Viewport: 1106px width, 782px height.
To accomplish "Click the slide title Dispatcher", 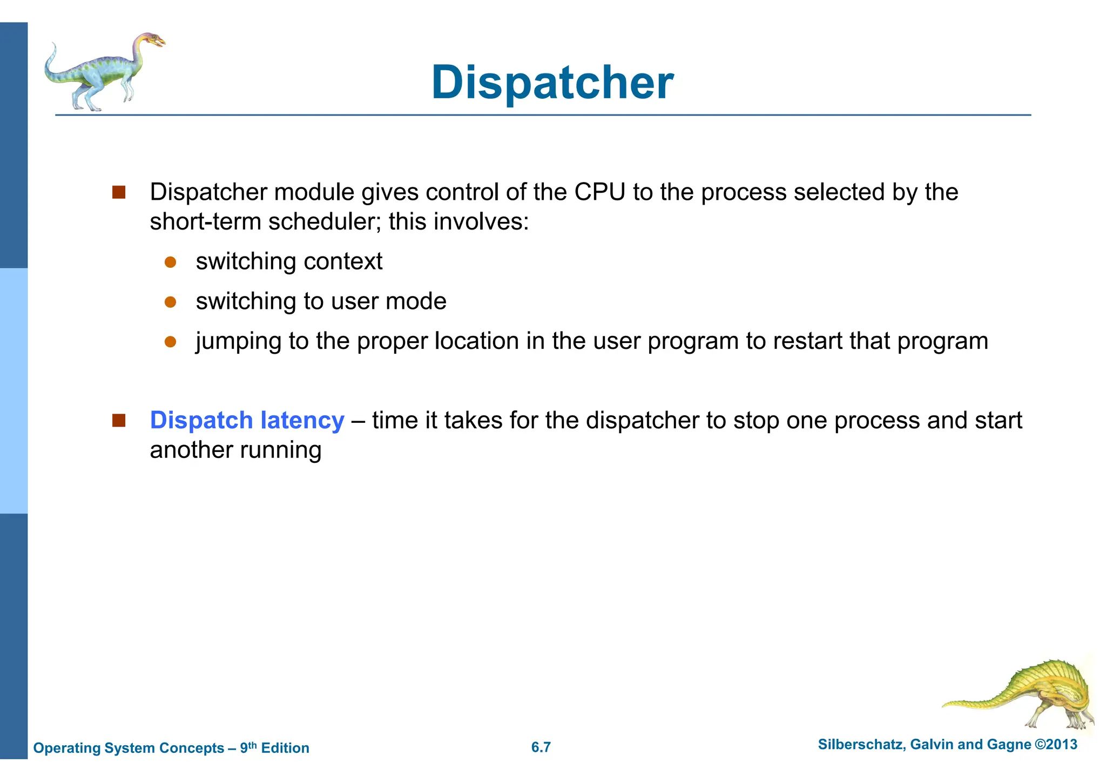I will [x=552, y=83].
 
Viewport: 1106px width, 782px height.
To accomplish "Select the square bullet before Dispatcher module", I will [x=119, y=192].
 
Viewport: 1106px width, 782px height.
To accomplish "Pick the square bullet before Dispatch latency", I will [x=119, y=420].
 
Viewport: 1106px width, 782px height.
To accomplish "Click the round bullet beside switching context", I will [x=171, y=262].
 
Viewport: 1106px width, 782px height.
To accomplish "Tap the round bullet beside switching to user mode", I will [x=171, y=302].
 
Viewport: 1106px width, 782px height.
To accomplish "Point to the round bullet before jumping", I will [x=171, y=342].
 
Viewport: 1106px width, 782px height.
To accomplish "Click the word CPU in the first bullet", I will [x=599, y=192].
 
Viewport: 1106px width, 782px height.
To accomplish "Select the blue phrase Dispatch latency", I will [x=247, y=420].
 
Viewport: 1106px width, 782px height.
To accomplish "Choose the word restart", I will [x=807, y=341].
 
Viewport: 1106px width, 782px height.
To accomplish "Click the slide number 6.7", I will [x=541, y=747].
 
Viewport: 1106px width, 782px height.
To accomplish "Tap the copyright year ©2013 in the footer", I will [x=1056, y=745].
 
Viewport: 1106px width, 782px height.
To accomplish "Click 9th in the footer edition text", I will [x=248, y=747].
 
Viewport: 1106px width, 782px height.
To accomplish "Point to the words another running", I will [x=235, y=450].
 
